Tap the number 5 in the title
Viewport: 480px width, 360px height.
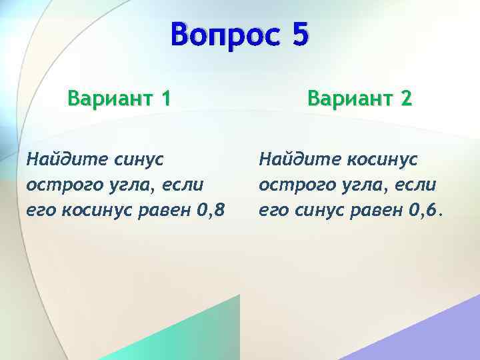click(x=299, y=35)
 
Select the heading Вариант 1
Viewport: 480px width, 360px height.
click(x=119, y=99)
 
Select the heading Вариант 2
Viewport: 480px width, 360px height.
click(x=359, y=99)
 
